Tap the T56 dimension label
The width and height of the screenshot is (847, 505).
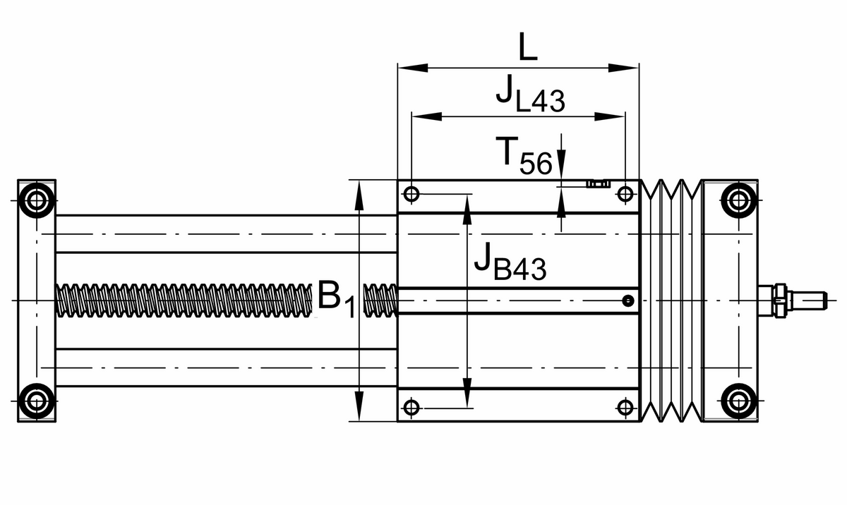pos(526,156)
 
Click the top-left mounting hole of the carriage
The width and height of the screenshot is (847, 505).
pos(412,193)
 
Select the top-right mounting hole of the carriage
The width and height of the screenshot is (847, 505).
pos(625,193)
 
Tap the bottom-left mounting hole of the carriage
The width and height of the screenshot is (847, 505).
pos(412,407)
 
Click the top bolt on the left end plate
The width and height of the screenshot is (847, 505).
pos(36,200)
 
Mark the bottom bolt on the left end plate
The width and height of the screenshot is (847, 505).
pos(36,401)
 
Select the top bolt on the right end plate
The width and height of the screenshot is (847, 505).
pos(738,200)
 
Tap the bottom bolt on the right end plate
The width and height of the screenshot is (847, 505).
pos(738,401)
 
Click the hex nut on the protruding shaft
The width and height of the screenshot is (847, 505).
pos(780,300)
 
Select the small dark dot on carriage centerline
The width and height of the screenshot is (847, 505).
pos(627,302)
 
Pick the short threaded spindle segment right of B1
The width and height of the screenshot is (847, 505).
pos(380,299)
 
